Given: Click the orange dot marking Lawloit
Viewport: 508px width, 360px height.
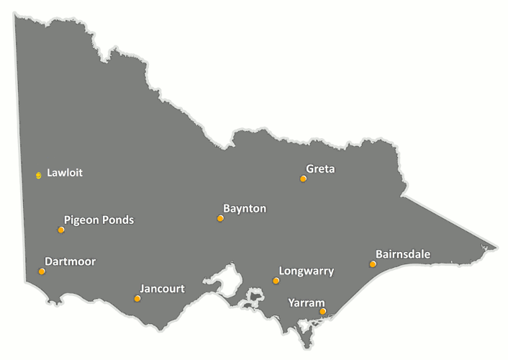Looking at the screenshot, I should pyautogui.click(x=39, y=175).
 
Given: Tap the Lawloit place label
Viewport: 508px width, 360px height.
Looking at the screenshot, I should pyautogui.click(x=65, y=173).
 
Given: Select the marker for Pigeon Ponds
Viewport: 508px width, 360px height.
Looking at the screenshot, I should pyautogui.click(x=61, y=230).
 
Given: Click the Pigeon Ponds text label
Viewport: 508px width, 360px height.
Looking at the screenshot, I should pyautogui.click(x=99, y=220).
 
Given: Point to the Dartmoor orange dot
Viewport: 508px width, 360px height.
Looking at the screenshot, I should pyautogui.click(x=42, y=271).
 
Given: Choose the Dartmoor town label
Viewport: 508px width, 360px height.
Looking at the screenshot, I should pyautogui.click(x=70, y=261).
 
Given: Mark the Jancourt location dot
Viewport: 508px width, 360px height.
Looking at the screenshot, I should pyautogui.click(x=137, y=298).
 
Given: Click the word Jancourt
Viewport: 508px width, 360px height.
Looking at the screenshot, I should pyautogui.click(x=162, y=289).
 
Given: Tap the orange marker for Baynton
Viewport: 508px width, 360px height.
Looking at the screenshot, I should pyautogui.click(x=220, y=218).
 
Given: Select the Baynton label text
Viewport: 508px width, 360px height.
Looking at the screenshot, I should pyautogui.click(x=245, y=209).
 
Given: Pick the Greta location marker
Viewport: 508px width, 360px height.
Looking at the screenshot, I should pyautogui.click(x=303, y=179).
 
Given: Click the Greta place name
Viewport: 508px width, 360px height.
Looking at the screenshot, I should pyautogui.click(x=321, y=169).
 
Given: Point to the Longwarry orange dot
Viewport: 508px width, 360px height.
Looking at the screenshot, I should pyautogui.click(x=276, y=281).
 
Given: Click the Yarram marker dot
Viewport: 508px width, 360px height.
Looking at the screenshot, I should pyautogui.click(x=322, y=312).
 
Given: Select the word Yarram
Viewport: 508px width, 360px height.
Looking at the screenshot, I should pyautogui.click(x=307, y=302).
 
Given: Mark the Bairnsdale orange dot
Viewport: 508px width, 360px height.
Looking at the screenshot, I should pyautogui.click(x=373, y=264).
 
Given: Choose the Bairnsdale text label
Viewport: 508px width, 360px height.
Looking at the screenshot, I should pyautogui.click(x=403, y=254).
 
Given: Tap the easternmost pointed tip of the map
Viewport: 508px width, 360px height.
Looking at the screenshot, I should pyautogui.click(x=496, y=249).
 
